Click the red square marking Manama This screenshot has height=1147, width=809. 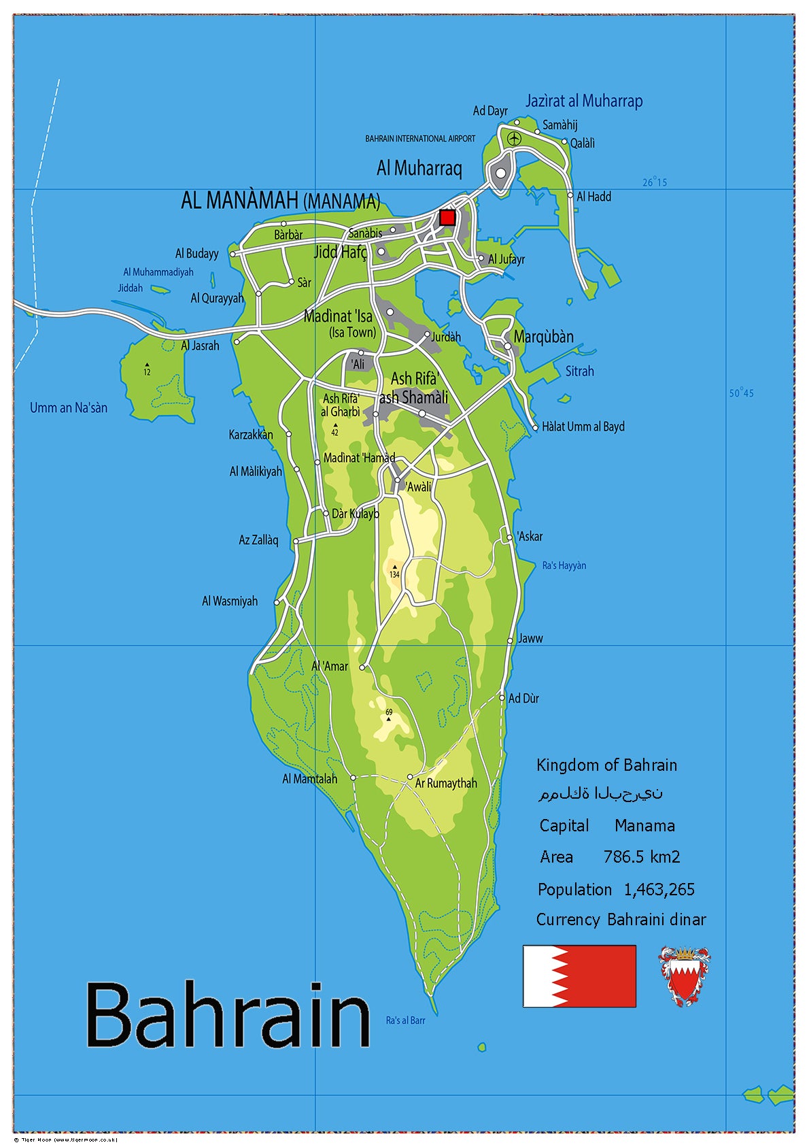point(447,218)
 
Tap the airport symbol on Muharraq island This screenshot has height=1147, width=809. point(514,139)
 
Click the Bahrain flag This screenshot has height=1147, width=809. point(579,976)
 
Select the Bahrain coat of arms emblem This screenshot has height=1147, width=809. point(685,976)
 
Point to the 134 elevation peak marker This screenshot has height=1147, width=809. point(394,567)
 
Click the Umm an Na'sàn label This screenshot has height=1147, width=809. point(69,408)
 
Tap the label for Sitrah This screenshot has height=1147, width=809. point(579,371)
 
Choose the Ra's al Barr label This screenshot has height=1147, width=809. point(405,1020)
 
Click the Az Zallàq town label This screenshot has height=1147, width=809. point(258,540)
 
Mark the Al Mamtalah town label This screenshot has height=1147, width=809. point(309,779)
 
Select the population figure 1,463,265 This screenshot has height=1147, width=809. point(659,889)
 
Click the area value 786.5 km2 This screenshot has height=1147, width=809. point(641,857)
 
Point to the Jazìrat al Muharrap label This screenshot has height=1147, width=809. point(583,101)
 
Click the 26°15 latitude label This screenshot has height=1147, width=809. point(655,182)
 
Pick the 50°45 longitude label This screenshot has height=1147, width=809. point(741,393)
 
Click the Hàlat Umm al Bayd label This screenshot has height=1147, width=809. point(583,427)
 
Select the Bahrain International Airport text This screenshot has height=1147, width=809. point(420,139)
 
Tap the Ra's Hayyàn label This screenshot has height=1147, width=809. point(564,565)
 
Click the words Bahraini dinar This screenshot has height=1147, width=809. point(656,920)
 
